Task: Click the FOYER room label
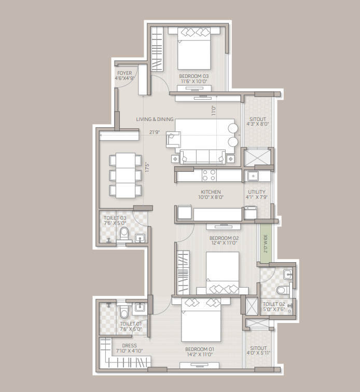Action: [124, 73]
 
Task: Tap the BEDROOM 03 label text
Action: [194, 76]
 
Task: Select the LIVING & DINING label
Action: [155, 119]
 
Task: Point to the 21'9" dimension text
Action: [155, 132]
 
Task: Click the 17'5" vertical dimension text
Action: [147, 167]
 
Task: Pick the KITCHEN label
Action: [211, 192]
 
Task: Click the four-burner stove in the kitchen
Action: [209, 175]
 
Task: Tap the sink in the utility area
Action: [253, 176]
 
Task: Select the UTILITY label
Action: [257, 192]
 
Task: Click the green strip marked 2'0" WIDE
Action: [265, 243]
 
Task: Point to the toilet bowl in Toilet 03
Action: [124, 234]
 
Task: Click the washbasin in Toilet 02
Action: [288, 274]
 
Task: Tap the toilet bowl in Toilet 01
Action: [123, 312]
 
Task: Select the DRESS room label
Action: [129, 345]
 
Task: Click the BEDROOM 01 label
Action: [200, 349]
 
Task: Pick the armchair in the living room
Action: [173, 139]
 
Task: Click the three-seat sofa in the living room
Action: [203, 157]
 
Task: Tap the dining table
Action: [126, 175]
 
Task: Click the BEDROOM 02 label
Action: [224, 238]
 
